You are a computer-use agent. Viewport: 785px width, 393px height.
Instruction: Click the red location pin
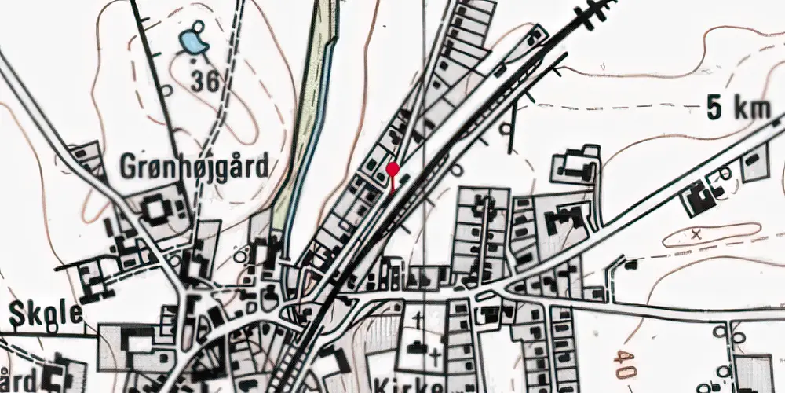click(x=392, y=170)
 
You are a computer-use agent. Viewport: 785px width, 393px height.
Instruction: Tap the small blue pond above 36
click(x=192, y=42)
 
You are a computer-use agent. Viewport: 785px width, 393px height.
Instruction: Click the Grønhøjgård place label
click(x=193, y=167)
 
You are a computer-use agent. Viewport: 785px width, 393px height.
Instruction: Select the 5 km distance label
click(x=737, y=110)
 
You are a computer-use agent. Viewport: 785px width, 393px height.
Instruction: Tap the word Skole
click(x=46, y=314)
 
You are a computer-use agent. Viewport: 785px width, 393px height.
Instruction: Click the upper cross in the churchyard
click(x=419, y=320)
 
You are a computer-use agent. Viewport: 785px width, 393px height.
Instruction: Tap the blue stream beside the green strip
click(x=301, y=157)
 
